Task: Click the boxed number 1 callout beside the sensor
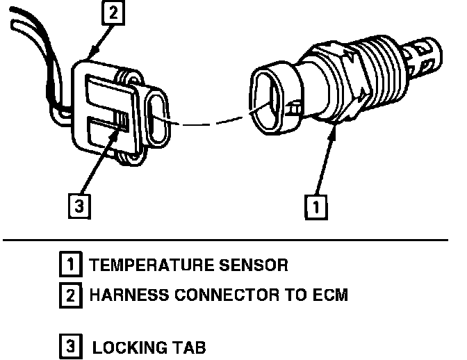pos(316,206)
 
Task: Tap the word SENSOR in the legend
pos(252,265)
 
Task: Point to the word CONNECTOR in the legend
pos(220,295)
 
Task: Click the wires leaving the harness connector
pos(35,49)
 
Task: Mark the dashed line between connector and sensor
pos(208,124)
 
